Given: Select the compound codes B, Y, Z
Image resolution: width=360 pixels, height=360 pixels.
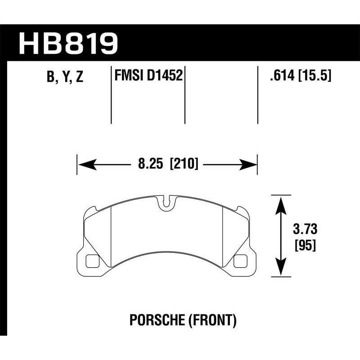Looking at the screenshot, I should (x=65, y=77).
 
